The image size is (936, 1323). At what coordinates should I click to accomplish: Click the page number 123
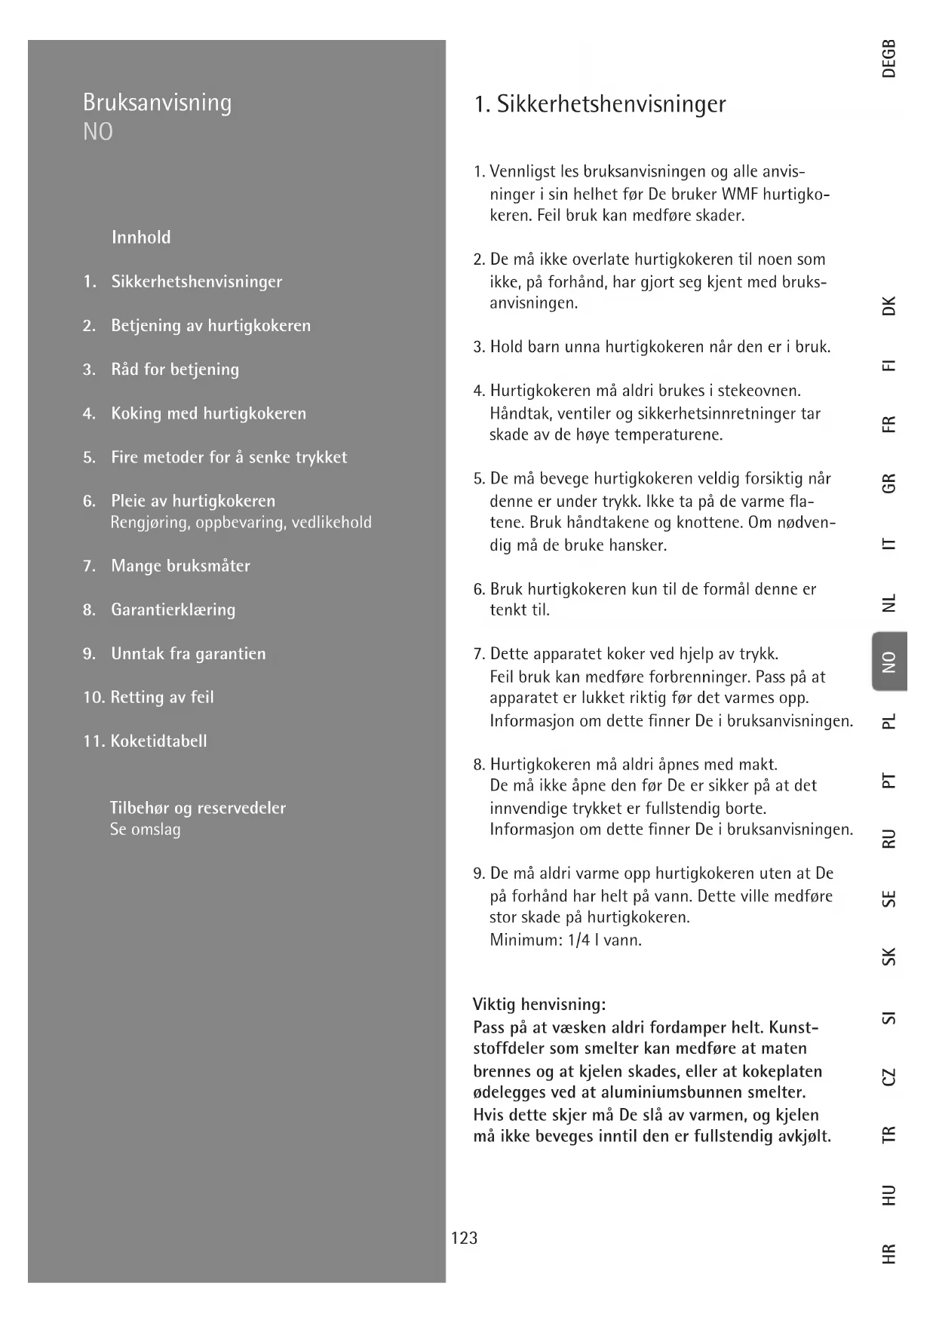point(464,1238)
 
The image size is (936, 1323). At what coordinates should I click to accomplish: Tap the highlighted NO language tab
point(889,661)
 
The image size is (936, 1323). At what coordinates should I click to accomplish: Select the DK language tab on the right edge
point(889,306)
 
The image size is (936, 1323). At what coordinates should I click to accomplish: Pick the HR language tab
point(889,1254)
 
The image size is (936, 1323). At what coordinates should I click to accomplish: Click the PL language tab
point(889,721)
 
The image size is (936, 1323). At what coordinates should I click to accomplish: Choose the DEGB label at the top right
point(889,58)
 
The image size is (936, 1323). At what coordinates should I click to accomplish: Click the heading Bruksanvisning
point(157,103)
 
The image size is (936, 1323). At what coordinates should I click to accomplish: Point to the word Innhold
point(141,238)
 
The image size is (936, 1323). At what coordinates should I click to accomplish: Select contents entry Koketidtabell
point(158,741)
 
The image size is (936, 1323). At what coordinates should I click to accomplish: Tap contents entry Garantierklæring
point(173,609)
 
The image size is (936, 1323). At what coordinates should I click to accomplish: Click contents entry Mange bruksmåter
point(180,566)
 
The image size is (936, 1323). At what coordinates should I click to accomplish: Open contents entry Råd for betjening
point(175,370)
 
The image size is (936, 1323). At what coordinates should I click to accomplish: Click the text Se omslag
point(146,830)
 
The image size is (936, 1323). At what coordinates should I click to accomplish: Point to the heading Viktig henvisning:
point(539,1005)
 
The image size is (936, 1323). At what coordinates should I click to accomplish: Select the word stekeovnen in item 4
point(759,391)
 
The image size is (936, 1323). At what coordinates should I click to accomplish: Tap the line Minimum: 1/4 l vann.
point(566,940)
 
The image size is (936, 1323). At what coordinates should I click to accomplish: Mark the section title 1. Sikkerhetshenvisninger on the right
point(600,104)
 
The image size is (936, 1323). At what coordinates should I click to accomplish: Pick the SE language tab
point(889,899)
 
